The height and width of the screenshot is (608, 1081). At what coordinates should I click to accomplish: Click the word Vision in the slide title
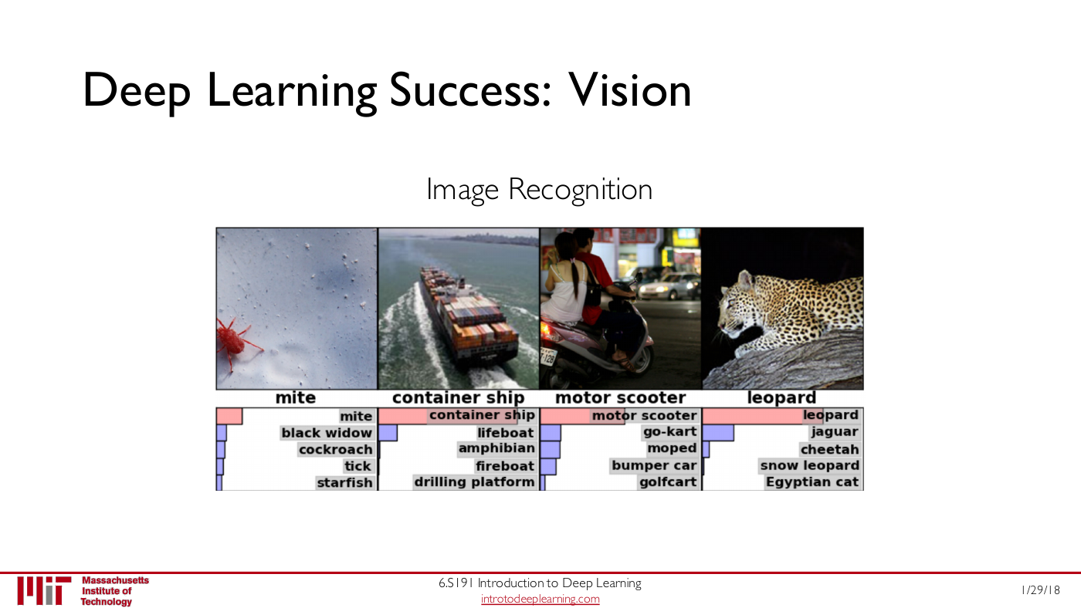[x=630, y=90]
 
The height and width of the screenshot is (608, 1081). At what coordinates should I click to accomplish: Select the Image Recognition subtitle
[x=540, y=190]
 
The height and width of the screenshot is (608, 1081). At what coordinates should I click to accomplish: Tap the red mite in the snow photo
[x=235, y=341]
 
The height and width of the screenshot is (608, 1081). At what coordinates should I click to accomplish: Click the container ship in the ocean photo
[x=466, y=318]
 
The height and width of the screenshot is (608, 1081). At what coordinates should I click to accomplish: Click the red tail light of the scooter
[x=547, y=332]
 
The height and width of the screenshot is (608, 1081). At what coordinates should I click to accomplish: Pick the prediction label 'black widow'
[x=327, y=433]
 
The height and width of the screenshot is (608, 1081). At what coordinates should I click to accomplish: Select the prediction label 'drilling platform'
[x=474, y=482]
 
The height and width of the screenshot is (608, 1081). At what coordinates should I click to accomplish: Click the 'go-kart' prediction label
[x=670, y=432]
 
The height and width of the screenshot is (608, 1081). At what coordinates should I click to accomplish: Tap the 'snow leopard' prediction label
[x=810, y=466]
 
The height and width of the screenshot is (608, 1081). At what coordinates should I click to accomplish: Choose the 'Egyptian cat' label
[x=812, y=482]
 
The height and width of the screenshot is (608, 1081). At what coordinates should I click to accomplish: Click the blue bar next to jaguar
[x=718, y=433]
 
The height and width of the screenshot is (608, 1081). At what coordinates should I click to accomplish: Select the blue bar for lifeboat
[x=388, y=433]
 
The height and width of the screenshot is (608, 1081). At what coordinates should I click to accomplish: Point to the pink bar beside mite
[x=229, y=416]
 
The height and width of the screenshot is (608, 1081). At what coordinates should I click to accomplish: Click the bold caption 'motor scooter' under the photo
[x=621, y=398]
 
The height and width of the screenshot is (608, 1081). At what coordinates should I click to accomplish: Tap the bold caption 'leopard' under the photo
[x=781, y=398]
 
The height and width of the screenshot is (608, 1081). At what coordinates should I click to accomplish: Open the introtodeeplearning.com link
[x=540, y=599]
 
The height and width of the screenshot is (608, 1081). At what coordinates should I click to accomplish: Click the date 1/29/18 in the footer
[x=1041, y=590]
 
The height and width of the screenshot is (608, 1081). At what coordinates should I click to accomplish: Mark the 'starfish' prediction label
[x=344, y=483]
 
